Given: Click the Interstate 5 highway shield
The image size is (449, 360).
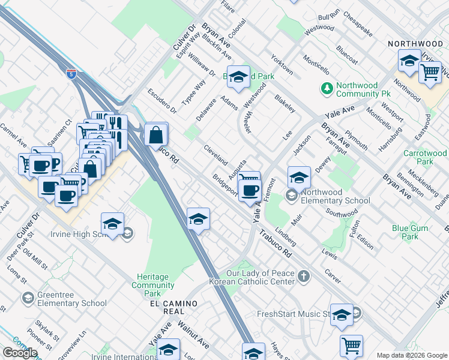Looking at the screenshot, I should pos(71,74).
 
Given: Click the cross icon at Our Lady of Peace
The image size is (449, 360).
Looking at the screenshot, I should pos(304,277).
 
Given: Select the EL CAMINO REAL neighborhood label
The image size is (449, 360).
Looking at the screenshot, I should pos(174,304).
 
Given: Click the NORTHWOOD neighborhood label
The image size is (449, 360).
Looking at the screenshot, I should pos(415,44).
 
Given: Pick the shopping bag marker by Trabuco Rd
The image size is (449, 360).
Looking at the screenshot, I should pos(155,135).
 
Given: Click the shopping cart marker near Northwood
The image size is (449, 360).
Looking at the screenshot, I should pos(430,72).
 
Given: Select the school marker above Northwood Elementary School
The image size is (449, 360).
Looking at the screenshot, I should pos(298,178).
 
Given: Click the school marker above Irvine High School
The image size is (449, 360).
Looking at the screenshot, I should pos(112,224).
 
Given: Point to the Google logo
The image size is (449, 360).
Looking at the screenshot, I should pos(20,353).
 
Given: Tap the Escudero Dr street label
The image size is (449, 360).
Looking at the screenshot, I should pos(161,101).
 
